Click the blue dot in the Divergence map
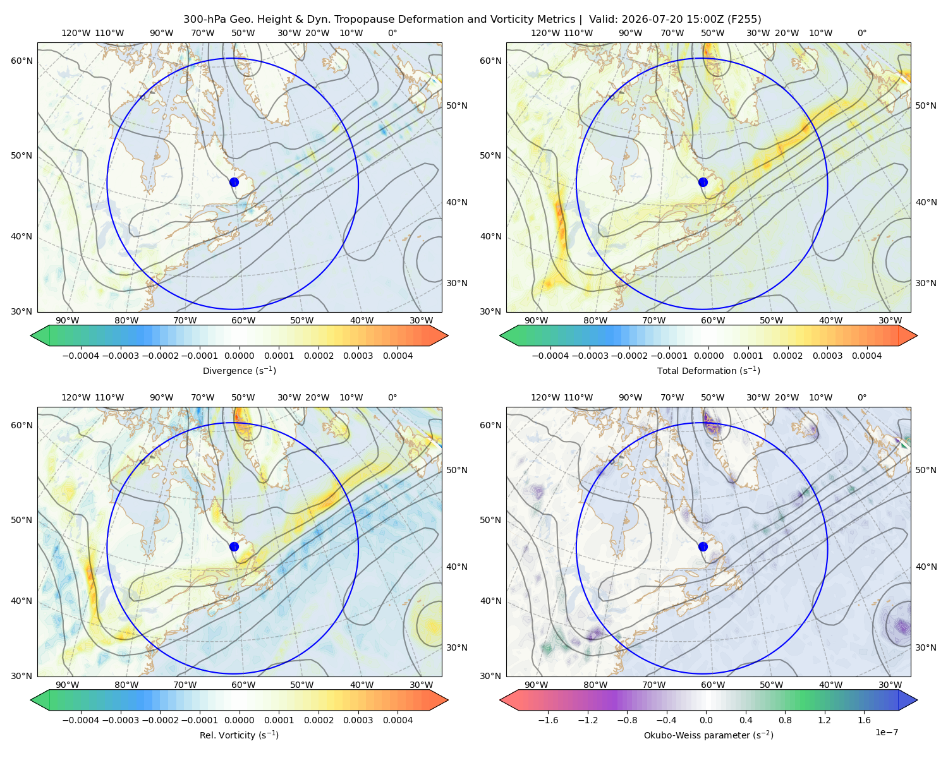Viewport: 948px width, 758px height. (234, 182)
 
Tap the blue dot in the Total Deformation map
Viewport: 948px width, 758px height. (703, 182)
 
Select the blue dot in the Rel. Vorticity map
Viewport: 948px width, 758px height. (234, 546)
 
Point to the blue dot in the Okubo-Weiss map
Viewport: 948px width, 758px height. (703, 546)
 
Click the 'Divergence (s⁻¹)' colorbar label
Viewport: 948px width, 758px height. (239, 370)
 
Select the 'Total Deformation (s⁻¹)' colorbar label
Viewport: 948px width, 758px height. (708, 370)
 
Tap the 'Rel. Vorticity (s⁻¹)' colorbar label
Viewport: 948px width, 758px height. (239, 735)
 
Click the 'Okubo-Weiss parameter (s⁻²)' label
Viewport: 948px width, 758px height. (708, 735)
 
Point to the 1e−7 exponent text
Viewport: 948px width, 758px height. (886, 732)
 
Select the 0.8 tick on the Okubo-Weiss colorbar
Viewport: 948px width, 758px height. (785, 720)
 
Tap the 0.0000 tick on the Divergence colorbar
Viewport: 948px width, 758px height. (239, 356)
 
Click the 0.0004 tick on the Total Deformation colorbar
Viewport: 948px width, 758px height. (866, 356)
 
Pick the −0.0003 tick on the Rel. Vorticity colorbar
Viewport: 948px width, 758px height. (120, 720)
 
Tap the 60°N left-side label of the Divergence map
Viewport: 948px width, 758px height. (21, 61)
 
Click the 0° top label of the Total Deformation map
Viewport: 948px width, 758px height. (861, 33)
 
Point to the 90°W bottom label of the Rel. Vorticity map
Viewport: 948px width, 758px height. (68, 685)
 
